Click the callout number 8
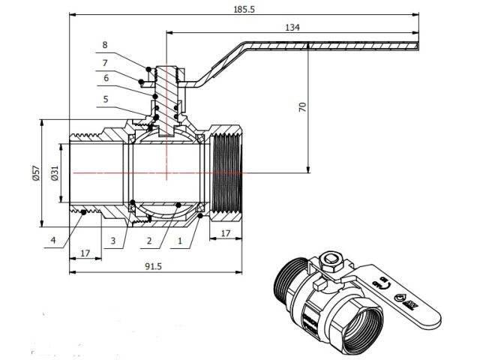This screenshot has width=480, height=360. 105,45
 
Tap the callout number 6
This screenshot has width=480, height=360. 105,78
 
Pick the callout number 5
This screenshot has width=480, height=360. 105,98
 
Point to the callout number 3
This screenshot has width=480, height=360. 112,240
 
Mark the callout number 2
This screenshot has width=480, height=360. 150,241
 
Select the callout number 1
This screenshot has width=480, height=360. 179,241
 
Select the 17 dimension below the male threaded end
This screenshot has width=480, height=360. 85,253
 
